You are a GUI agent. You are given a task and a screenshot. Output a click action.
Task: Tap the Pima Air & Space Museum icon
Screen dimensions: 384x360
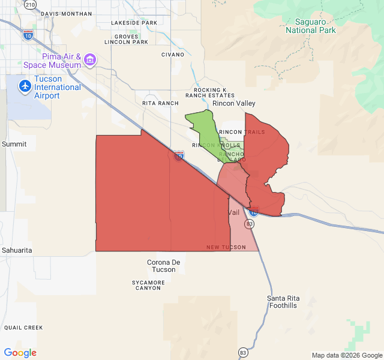90,59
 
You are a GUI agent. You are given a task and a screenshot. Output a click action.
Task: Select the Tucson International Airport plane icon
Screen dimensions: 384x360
25,86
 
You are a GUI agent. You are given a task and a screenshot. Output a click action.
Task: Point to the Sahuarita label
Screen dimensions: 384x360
17,250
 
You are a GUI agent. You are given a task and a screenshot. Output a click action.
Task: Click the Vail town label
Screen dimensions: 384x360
234,213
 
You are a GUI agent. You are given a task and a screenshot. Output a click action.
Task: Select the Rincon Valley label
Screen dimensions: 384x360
238,103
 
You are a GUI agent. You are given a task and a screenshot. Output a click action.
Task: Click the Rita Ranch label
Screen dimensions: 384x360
160,103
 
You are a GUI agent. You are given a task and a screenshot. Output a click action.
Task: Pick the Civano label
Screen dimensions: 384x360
173,55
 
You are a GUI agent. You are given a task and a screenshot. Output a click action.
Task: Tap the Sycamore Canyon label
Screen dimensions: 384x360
148,285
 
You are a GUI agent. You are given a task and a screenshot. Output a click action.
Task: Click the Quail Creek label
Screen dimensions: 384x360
23,328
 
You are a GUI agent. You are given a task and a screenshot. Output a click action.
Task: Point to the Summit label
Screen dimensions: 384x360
14,144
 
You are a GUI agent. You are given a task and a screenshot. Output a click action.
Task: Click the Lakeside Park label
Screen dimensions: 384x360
134,23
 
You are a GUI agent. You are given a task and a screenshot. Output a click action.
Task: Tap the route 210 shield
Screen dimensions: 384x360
31,4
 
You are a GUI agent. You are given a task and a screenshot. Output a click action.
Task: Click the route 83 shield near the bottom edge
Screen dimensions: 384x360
243,352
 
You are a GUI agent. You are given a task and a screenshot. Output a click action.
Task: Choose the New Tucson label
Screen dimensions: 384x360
226,247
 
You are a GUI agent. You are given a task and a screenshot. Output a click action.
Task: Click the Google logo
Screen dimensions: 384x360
20,353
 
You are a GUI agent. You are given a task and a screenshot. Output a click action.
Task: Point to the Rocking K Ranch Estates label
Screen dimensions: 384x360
210,92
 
